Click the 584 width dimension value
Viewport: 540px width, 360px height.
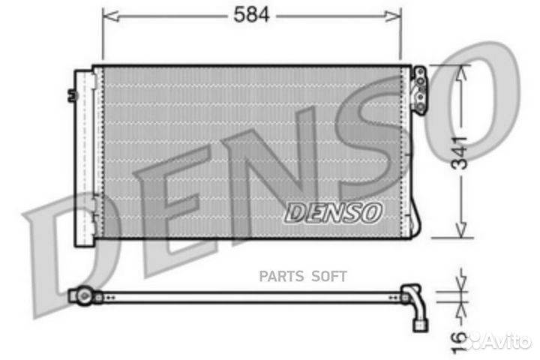coord(250,14)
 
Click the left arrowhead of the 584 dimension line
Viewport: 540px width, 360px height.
coord(106,14)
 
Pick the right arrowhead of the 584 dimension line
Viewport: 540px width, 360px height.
coord(396,14)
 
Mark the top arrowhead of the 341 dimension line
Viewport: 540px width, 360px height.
coord(461,70)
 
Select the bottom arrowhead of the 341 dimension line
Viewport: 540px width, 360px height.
coord(461,232)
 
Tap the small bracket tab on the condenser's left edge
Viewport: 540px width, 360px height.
coord(72,94)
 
